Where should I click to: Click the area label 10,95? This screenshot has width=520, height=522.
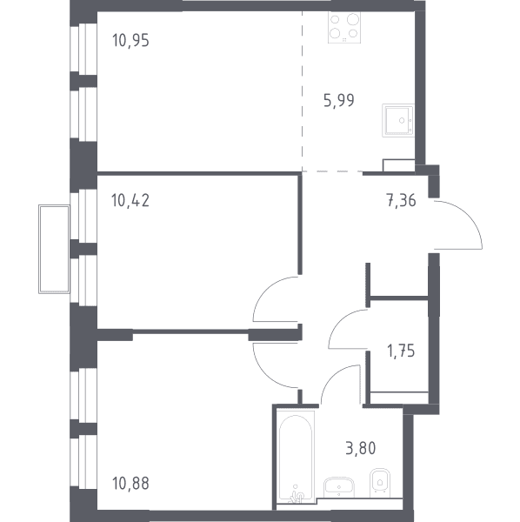point(130,40)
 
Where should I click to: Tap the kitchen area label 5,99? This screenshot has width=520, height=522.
point(339,100)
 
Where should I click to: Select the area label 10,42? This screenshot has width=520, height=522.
point(130,200)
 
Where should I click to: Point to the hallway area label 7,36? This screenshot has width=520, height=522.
point(401,201)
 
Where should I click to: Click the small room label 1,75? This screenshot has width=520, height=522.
point(401,351)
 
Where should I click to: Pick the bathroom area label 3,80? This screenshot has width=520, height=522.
point(361,448)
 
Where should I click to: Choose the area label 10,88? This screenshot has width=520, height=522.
point(130,484)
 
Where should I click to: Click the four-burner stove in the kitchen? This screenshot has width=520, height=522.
point(344,28)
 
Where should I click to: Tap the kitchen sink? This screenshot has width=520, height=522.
point(398,120)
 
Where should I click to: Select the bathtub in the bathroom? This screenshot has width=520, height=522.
point(296,456)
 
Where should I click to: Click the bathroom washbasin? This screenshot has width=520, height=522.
point(338,487)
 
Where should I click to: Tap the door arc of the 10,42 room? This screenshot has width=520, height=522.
point(264,290)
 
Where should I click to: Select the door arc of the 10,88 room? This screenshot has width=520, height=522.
point(265,376)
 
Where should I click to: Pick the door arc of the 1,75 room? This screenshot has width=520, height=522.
point(340,320)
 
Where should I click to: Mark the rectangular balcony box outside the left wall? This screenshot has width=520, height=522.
point(54,249)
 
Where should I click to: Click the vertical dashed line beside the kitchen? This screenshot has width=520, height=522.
point(302,91)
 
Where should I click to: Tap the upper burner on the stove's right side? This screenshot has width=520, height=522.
point(353,19)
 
